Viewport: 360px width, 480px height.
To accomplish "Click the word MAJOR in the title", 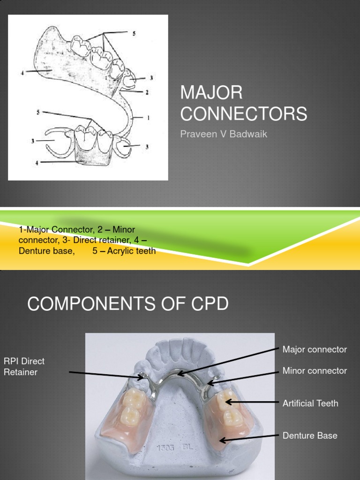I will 211,93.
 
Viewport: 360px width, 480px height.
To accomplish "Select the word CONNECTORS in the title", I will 244,113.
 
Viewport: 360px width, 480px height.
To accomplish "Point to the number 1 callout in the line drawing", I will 148,118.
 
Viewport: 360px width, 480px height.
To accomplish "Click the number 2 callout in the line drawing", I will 147,92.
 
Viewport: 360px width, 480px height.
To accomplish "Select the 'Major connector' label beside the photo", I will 315,350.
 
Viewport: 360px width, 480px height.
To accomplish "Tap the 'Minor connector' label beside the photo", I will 315,371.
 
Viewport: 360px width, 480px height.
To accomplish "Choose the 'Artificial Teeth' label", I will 310,403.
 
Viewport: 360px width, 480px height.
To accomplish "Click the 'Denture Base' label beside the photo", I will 310,435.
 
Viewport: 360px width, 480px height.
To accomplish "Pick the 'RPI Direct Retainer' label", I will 24,367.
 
